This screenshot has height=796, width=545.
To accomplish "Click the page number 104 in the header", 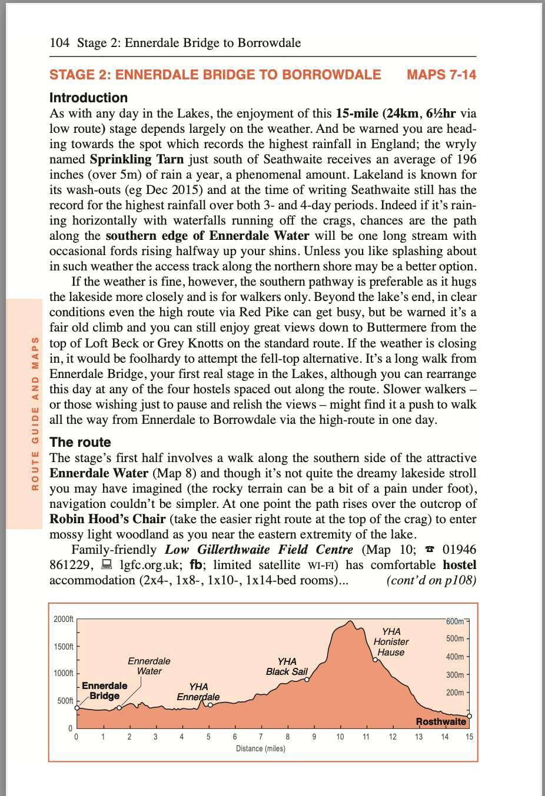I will (x=59, y=43).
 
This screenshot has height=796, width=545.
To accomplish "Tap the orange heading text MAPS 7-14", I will (x=441, y=75).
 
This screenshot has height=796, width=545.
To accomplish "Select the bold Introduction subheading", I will (x=88, y=98).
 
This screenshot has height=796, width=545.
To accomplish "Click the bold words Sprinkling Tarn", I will (x=137, y=159).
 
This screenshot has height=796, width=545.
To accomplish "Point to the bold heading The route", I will (x=80, y=442).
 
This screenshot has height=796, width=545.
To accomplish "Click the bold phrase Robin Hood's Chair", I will (x=107, y=519).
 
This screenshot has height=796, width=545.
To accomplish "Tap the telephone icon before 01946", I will (x=430, y=550).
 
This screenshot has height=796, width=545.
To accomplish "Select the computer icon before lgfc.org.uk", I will (x=107, y=565).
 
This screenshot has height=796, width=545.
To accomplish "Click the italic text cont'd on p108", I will (x=431, y=580).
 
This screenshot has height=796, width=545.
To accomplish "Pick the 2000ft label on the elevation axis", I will (x=64, y=619).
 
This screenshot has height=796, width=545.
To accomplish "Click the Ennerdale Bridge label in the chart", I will (x=104, y=691).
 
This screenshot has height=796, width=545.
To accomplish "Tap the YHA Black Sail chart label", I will (x=287, y=667).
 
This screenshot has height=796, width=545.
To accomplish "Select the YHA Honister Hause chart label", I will (x=391, y=641).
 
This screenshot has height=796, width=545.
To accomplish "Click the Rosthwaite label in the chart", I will (x=441, y=721).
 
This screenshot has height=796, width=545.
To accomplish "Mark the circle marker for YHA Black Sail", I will (x=306, y=680).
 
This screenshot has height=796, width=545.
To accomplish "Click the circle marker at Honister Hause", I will (x=374, y=660).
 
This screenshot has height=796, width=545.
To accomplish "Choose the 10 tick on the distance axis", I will (x=340, y=737).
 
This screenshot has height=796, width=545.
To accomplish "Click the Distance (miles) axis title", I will (x=260, y=748).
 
